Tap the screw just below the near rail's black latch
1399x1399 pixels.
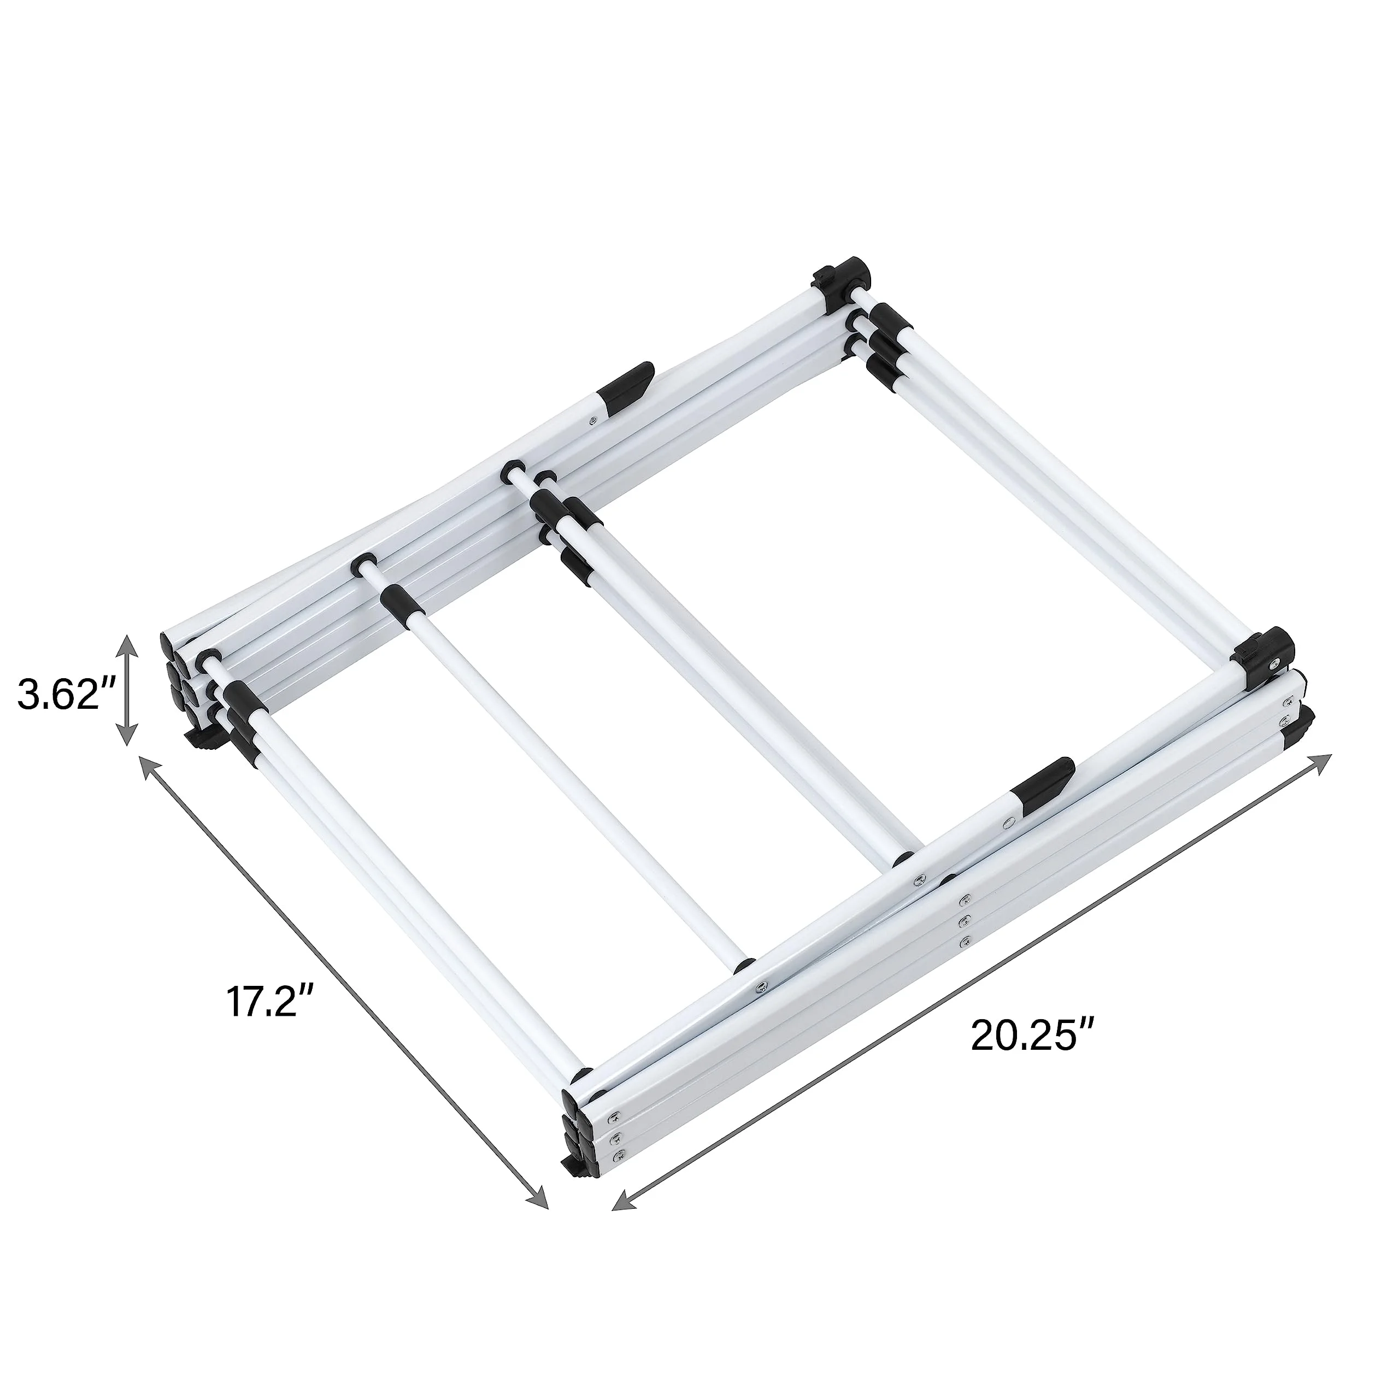click(1008, 822)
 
